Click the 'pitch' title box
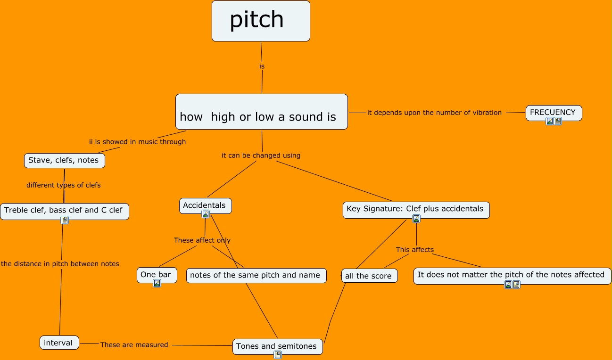261,21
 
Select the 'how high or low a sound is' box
261,112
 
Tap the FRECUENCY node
553,112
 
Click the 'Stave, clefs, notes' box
64,160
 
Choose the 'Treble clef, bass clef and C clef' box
64,210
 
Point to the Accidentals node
205,205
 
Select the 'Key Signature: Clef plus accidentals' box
415,209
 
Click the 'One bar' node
156,275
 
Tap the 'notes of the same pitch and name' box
256,275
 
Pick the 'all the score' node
369,276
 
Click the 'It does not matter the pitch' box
512,275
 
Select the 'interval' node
59,343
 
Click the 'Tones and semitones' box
277,346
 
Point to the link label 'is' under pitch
262,66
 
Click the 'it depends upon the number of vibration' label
434,113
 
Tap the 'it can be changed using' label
261,155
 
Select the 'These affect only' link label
202,240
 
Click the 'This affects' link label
414,250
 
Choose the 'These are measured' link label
134,345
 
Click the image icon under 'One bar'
157,283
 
